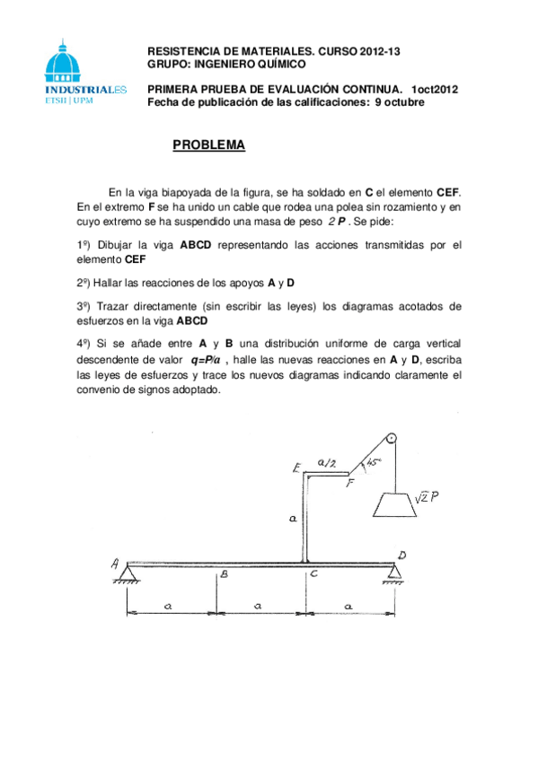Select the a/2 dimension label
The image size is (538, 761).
click(x=328, y=463)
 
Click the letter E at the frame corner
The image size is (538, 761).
click(x=295, y=468)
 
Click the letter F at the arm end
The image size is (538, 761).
click(x=351, y=484)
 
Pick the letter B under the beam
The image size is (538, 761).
click(x=225, y=574)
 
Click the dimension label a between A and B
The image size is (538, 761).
click(x=167, y=607)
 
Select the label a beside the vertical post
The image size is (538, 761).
click(x=295, y=518)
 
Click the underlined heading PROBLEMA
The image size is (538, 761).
click(x=208, y=144)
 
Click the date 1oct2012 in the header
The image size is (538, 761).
click(x=435, y=90)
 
